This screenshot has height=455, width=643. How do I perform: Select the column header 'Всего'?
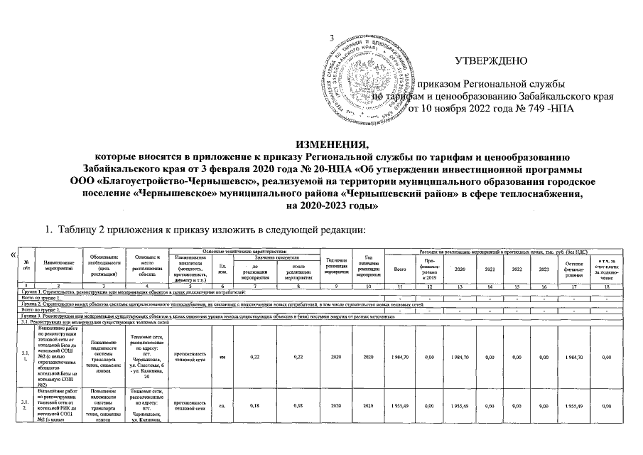[x=399, y=269]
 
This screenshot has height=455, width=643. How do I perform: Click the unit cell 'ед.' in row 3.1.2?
[x=222, y=407]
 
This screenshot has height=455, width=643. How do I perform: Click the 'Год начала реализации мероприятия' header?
[x=335, y=267]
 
